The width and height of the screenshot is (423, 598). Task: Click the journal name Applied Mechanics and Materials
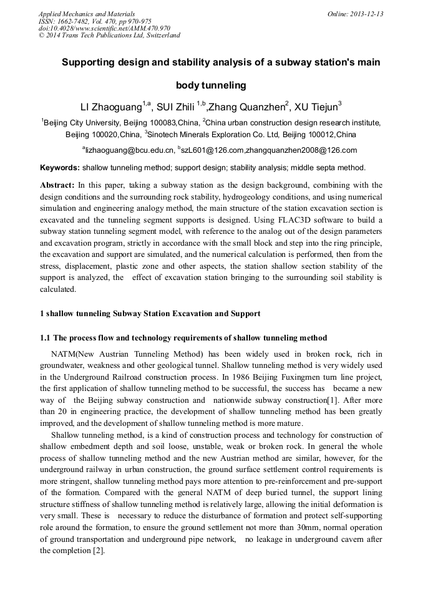[x=87, y=14]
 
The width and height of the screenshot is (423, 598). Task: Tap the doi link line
[x=104, y=28]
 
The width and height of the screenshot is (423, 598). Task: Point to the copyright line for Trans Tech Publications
[x=109, y=36]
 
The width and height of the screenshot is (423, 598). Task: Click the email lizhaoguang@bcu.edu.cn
[x=129, y=150]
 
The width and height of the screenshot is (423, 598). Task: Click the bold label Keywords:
[x=60, y=168]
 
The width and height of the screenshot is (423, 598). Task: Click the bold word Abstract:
[x=57, y=185]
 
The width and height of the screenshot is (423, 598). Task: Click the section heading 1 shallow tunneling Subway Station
[x=150, y=313]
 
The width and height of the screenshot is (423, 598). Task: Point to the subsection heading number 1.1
[x=45, y=338]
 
